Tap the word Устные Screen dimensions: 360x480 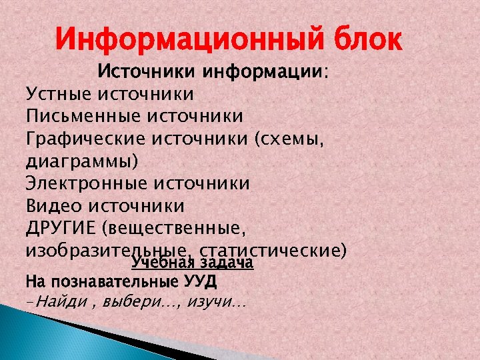(x=60, y=93)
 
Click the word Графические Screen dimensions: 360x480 (x=86, y=138)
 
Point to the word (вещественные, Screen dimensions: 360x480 (x=175, y=228)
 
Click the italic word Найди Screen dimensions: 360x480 (x=59, y=302)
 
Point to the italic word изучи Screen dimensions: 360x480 (x=210, y=302)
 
